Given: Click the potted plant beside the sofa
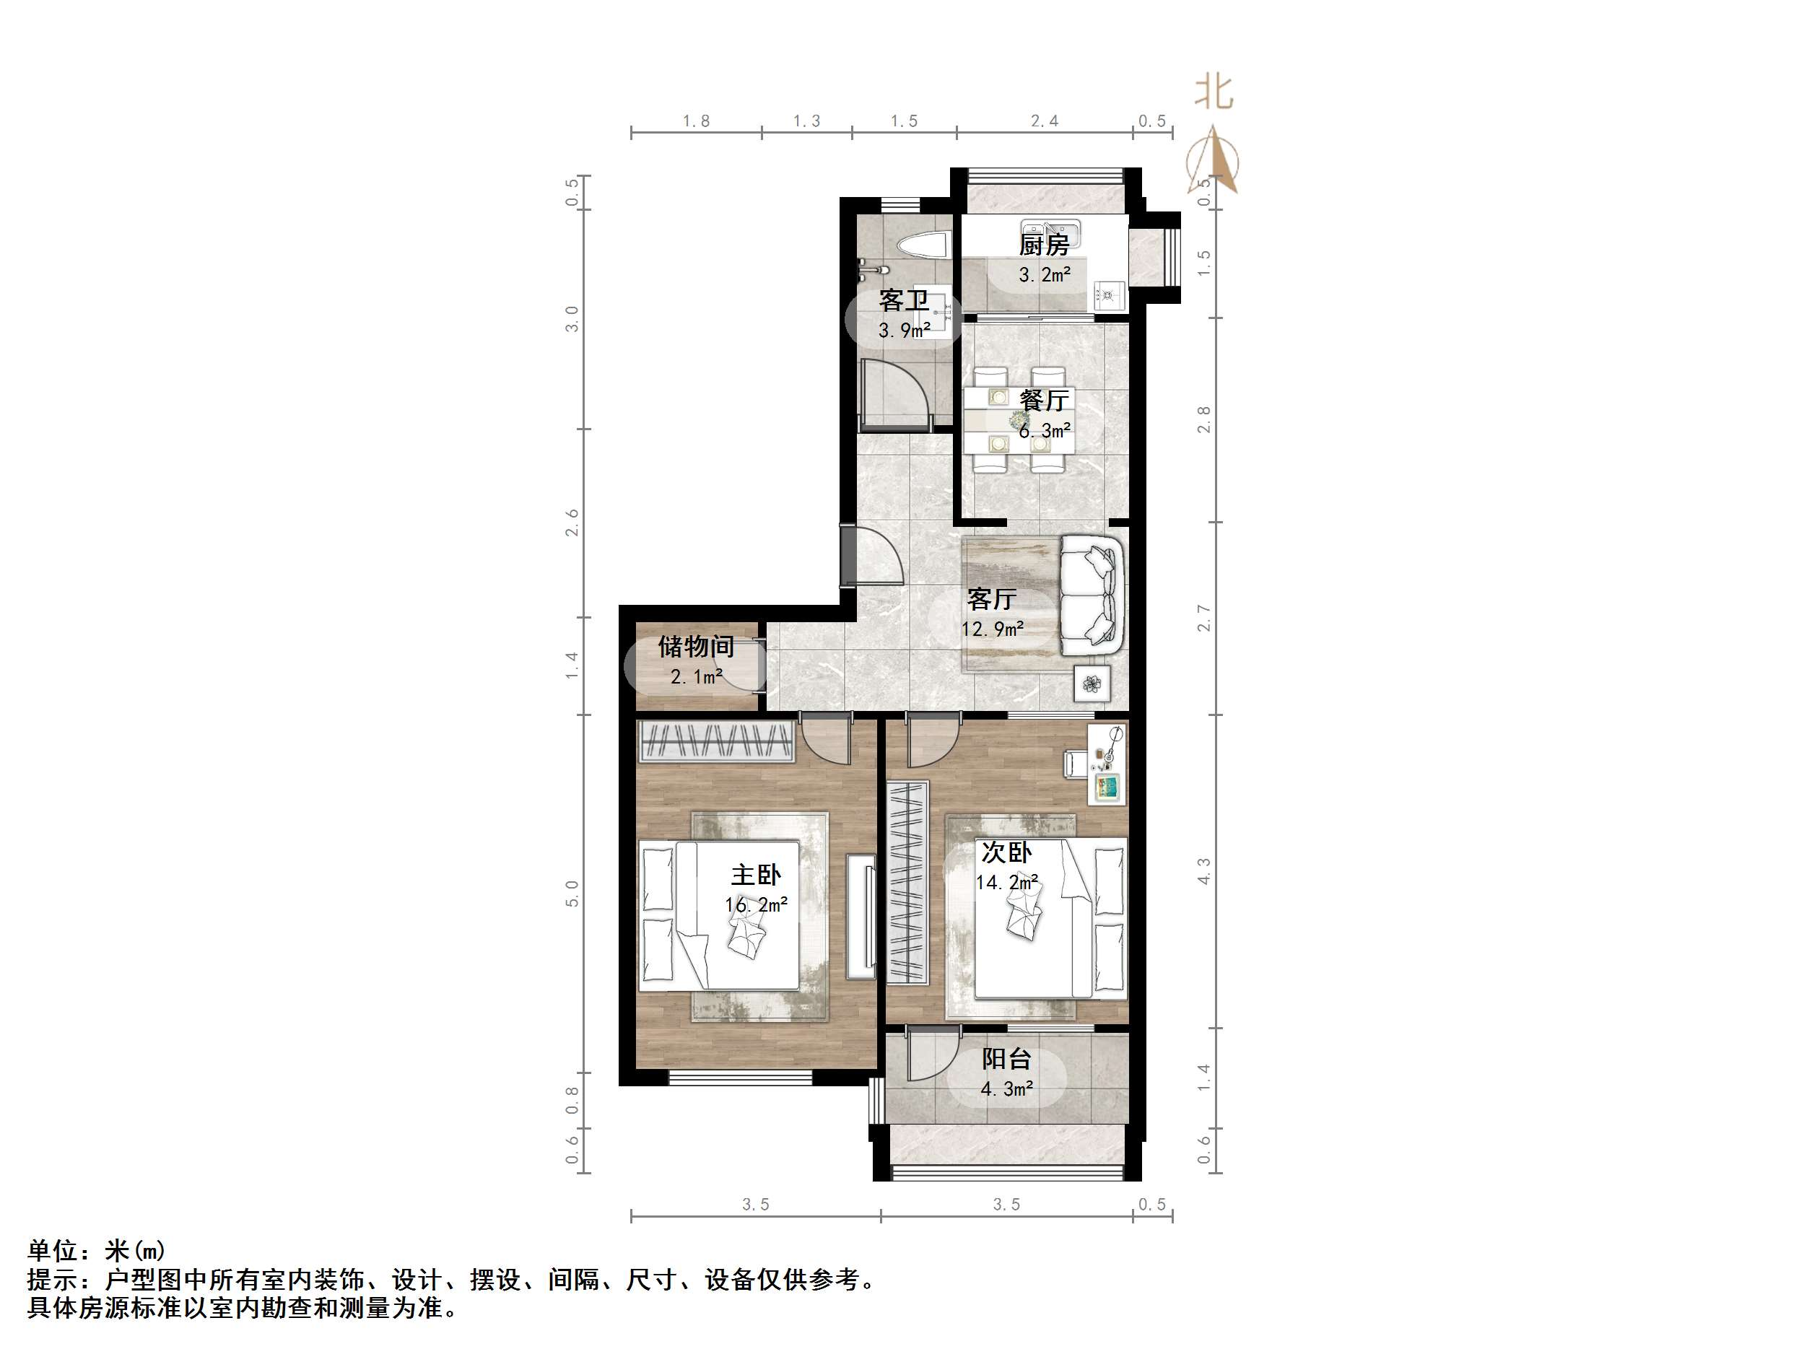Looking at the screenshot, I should coord(1091,683).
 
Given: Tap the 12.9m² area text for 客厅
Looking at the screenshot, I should coord(991,629).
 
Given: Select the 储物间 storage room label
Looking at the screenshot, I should coord(696,647).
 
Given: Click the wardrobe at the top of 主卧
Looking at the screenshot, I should coord(715,741).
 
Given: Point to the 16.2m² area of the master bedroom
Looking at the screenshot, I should coord(756,905).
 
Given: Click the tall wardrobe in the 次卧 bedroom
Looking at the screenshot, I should coord(907,882).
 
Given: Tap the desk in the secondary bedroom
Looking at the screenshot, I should coord(1107,764).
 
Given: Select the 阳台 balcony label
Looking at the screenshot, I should coord(1006,1059).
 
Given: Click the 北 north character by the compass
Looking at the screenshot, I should coord(1214,92).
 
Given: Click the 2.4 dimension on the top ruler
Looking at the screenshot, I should coord(1045,121).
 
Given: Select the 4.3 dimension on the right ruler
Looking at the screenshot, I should coord(1203,872).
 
